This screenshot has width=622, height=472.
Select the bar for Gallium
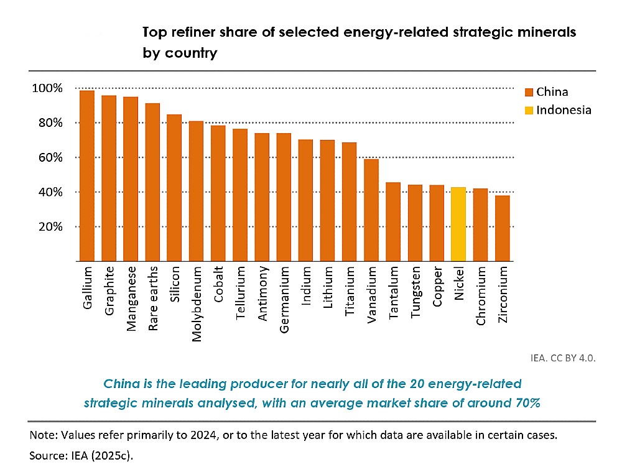coord(87,176)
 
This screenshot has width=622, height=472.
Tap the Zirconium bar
coord(503,228)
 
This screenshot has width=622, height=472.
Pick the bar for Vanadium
coord(371,210)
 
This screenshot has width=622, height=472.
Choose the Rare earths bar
coord(152,182)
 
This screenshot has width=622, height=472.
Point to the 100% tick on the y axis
coord(47,88)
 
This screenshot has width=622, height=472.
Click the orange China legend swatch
coord(529,93)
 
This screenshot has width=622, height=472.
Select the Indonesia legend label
coord(564,110)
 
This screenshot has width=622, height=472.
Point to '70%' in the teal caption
coord(526,402)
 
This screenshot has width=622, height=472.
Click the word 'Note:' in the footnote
coord(43,435)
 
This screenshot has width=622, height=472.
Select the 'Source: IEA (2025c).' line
coord(81,455)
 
